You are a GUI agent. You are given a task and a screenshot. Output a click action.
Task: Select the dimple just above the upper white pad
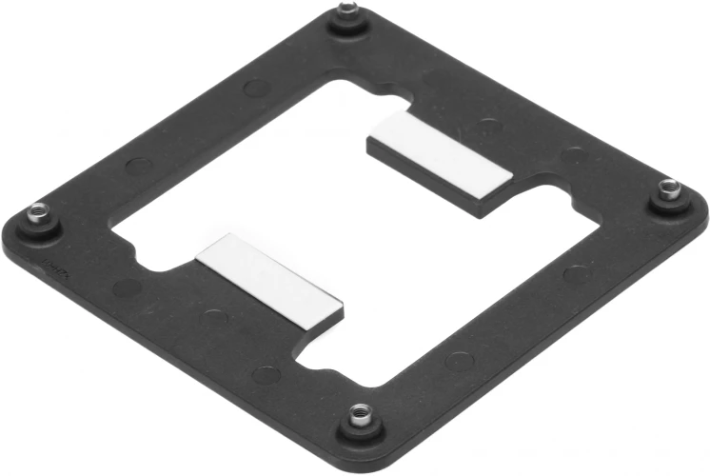coord(489,124)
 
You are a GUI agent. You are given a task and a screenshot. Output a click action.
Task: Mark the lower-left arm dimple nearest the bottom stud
coord(267,373)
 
